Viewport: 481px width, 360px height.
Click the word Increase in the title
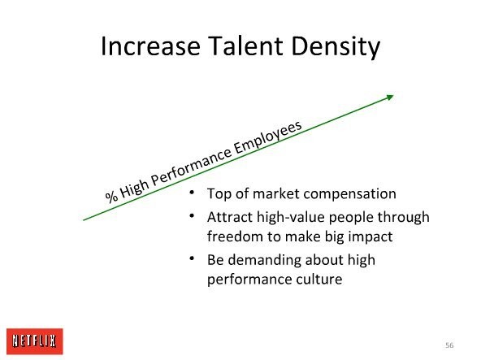pyautogui.click(x=150, y=46)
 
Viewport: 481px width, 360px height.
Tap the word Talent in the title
pyautogui.click(x=245, y=46)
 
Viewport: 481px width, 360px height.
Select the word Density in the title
pyautogui.click(x=336, y=47)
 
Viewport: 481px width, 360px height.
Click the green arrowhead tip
pyautogui.click(x=393, y=95)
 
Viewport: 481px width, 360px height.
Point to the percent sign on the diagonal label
pyautogui.click(x=111, y=196)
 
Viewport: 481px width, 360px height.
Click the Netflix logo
pyautogui.click(x=34, y=341)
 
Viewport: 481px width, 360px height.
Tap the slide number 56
pyautogui.click(x=449, y=345)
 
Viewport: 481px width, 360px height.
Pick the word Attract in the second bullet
pyautogui.click(x=230, y=217)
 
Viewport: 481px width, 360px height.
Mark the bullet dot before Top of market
pyautogui.click(x=192, y=193)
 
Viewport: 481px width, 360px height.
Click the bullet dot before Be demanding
pyautogui.click(x=192, y=258)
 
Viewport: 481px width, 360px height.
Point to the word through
pyautogui.click(x=403, y=218)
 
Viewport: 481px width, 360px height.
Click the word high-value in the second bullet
pyautogui.click(x=291, y=217)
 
